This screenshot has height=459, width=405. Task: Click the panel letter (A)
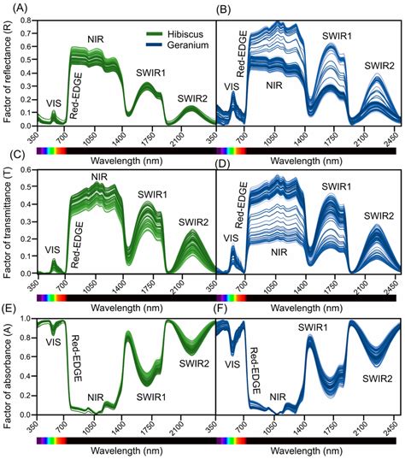(12, 8)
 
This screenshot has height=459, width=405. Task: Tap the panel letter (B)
(227, 8)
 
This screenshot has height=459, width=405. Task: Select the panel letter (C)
(12, 156)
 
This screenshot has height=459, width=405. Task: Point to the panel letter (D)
(227, 156)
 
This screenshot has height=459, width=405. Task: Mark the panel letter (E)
(12, 305)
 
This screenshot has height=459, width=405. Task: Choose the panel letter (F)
(227, 305)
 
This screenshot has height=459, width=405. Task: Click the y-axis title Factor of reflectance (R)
(7, 75)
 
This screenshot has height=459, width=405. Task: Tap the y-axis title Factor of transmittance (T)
(7, 224)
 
